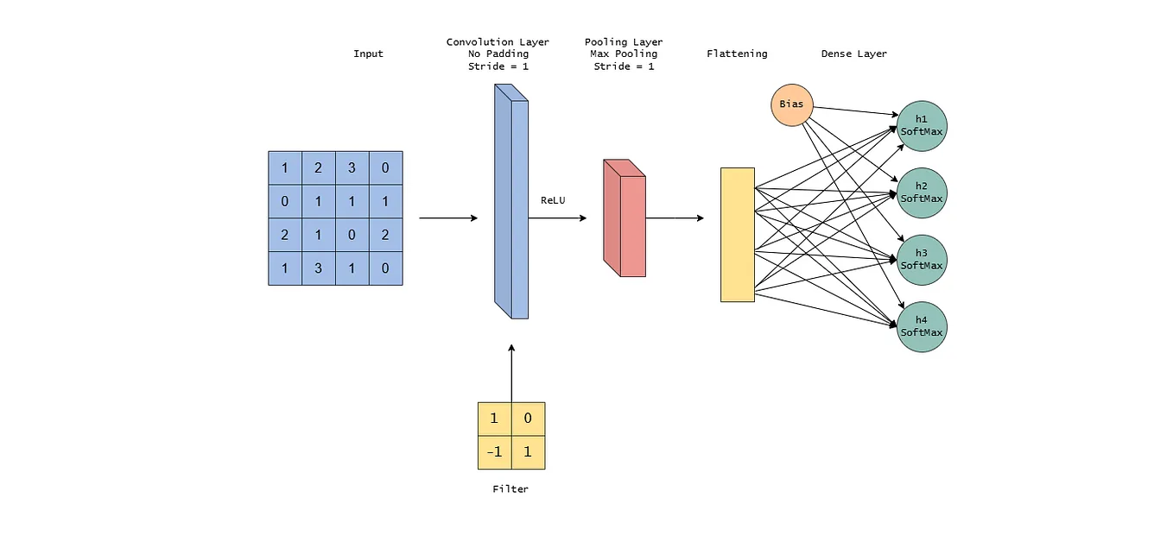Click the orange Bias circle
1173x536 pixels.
[791, 104]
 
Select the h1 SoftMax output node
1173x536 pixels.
[922, 126]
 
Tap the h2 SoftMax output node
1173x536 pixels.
[922, 192]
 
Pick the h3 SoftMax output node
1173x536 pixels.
[922, 260]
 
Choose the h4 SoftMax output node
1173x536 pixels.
[922, 326]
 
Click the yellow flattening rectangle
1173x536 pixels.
[738, 235]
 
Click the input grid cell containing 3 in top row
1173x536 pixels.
[352, 167]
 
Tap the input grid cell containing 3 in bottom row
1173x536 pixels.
[318, 268]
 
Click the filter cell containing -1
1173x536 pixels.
[494, 452]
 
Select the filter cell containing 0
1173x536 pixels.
[528, 419]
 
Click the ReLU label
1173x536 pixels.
[553, 200]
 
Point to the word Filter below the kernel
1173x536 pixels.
[510, 489]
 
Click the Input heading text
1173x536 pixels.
[368, 54]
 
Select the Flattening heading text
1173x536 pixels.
[737, 54]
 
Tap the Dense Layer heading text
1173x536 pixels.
[853, 54]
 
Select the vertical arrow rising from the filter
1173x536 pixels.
[511, 371]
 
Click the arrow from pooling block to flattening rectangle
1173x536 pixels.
[674, 218]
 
